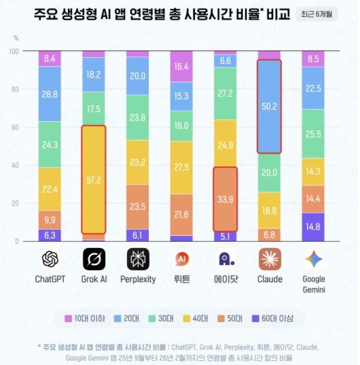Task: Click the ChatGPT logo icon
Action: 50,259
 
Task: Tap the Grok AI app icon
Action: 94,259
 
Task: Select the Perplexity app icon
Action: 137,259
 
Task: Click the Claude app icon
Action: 270,259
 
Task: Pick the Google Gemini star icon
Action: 314,259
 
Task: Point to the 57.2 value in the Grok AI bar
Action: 94,180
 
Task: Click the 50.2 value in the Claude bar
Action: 270,107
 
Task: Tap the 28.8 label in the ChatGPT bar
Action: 50,94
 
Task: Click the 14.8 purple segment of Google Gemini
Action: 314,227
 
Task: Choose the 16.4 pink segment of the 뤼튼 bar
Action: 181,67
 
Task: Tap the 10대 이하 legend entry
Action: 84,317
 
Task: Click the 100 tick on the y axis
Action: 14,51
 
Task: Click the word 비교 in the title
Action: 272,14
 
